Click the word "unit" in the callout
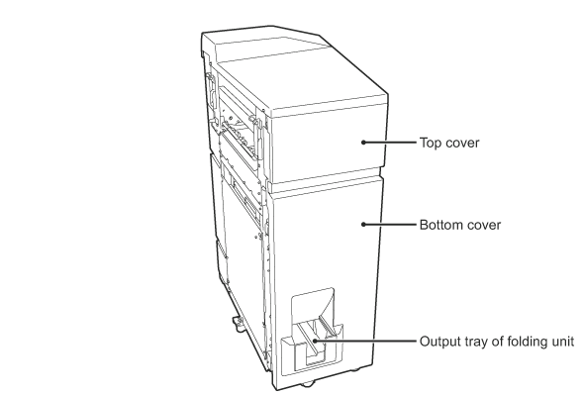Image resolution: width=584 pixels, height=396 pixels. tap(562, 342)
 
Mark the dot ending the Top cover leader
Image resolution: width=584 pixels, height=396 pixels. tap(363, 142)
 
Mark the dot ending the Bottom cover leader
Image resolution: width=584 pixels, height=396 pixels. tap(363, 225)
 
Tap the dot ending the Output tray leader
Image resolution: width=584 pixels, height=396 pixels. tap(315, 341)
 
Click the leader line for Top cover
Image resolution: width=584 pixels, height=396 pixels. tap(390, 142)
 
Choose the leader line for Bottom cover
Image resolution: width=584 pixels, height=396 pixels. tap(390, 225)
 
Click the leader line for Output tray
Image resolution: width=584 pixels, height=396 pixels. tap(365, 341)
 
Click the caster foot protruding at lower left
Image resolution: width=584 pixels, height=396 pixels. tap(239, 324)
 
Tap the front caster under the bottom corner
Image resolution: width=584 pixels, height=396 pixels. tap(307, 384)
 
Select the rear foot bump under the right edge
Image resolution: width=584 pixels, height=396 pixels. tap(353, 370)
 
